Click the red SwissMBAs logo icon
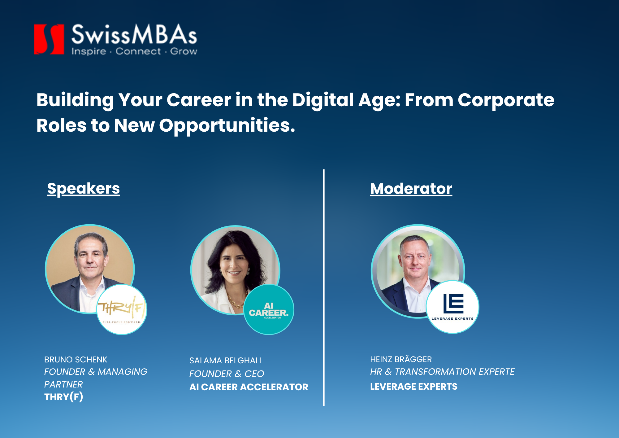[x=49, y=39]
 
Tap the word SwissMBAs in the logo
[x=134, y=34]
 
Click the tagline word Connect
[x=138, y=51]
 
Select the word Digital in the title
[x=323, y=100]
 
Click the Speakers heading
[x=84, y=189]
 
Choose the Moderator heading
[x=411, y=189]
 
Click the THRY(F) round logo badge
[x=122, y=309]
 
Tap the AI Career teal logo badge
[x=269, y=309]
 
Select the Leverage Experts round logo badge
[x=452, y=307]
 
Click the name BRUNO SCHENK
[x=76, y=360]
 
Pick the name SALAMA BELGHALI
[x=225, y=361]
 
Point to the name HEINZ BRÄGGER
[x=401, y=359]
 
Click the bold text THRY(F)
[x=63, y=397]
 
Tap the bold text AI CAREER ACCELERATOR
[x=249, y=387]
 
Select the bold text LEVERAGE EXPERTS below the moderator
[x=414, y=387]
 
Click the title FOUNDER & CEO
[x=227, y=374]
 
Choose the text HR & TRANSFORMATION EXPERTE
[x=442, y=372]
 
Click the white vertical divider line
[x=324, y=287]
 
